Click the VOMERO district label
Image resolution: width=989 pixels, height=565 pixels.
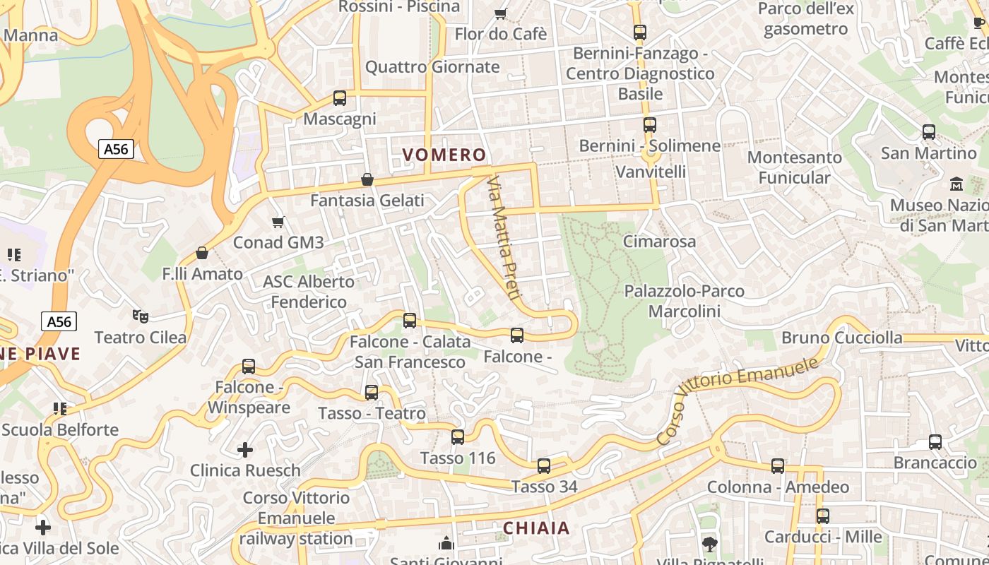[444, 155]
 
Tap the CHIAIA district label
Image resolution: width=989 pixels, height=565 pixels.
[536, 528]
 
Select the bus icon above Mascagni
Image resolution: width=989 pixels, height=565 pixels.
[340, 98]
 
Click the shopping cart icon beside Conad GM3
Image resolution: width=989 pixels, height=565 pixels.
[278, 222]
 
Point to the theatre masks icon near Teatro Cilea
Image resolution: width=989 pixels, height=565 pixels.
[141, 316]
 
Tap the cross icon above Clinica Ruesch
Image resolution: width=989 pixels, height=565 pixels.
[245, 449]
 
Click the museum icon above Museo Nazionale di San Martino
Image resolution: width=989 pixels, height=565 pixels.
[957, 184]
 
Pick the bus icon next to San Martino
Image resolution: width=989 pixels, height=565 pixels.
[929, 132]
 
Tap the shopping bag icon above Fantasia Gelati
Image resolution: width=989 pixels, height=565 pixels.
[367, 179]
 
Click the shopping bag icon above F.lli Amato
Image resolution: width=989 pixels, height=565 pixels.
[202, 253]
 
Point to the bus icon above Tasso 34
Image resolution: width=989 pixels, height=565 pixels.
[543, 466]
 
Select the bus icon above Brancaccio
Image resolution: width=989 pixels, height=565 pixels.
[935, 442]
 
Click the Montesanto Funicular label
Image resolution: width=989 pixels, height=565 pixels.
[795, 167]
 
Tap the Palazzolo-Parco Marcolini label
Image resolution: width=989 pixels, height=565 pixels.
[674, 301]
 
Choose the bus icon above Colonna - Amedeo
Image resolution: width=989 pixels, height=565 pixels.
[778, 466]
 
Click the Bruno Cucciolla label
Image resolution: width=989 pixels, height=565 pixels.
[841, 338]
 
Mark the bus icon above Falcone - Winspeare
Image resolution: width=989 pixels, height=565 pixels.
[249, 367]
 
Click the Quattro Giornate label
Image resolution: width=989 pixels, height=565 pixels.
[432, 67]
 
